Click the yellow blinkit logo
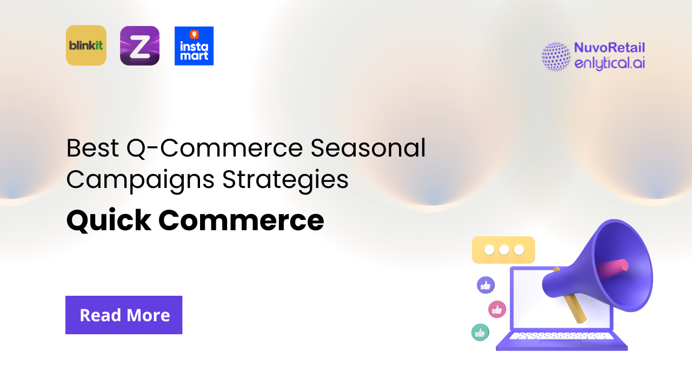click(86, 45)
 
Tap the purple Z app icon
click(139, 46)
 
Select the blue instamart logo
click(194, 46)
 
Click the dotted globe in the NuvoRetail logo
click(556, 56)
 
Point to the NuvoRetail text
click(609, 48)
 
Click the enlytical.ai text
click(609, 63)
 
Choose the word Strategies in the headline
click(285, 180)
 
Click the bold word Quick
click(109, 220)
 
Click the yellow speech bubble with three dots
click(503, 250)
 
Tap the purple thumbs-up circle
click(485, 285)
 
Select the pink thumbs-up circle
click(497, 309)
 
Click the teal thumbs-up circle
click(480, 332)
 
